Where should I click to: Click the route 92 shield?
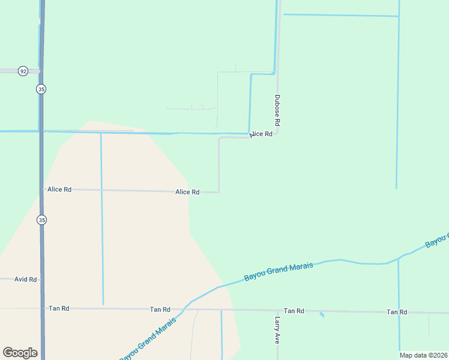[23, 71]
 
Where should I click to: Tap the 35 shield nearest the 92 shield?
[41, 89]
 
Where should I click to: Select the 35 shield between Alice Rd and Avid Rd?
[41, 220]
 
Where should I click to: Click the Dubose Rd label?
[277, 110]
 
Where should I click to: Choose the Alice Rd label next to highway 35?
[59, 189]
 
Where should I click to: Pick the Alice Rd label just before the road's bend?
[187, 192]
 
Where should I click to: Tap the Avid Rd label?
[26, 280]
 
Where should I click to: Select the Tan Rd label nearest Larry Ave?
[294, 311]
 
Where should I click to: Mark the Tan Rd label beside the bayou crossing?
[160, 310]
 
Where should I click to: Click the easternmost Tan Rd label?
[397, 312]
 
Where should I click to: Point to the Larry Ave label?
[277, 330]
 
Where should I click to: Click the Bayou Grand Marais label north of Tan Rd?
[279, 272]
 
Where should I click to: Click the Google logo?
[20, 353]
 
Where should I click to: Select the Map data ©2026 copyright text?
[424, 355]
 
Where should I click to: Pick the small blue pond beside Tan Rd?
[322, 314]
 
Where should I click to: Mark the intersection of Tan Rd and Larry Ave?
[277, 311]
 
